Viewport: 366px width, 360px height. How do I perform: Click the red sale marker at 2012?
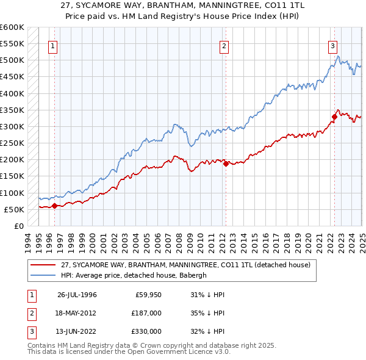click(x=226, y=164)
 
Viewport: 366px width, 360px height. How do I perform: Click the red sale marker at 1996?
click(x=54, y=206)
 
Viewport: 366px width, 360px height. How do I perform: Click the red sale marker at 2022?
click(x=334, y=117)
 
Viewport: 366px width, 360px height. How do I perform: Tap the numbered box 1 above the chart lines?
click(x=52, y=45)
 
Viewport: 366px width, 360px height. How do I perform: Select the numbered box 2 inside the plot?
click(x=224, y=45)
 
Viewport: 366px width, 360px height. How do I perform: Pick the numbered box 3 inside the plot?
click(x=332, y=45)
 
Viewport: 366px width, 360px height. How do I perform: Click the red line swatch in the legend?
click(x=44, y=265)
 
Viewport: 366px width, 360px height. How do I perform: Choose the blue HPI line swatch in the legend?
click(x=44, y=275)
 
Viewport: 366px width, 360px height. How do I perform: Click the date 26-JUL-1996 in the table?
click(x=77, y=295)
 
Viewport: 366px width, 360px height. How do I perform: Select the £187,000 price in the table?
click(x=147, y=313)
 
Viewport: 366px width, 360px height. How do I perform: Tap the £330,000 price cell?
click(x=147, y=331)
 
